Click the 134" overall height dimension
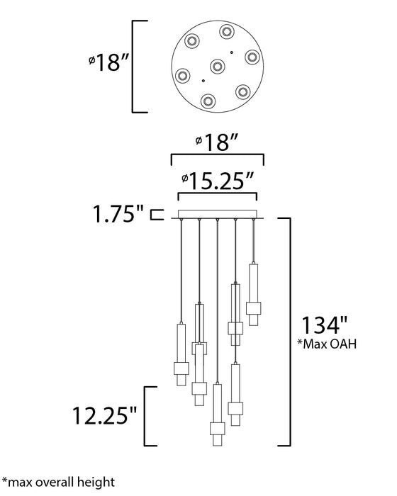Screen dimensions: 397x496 [324, 325]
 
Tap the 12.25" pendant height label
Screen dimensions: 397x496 [105, 415]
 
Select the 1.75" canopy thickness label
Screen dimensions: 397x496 [118, 213]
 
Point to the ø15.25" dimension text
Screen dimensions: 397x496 [218, 181]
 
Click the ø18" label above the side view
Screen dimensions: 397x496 [217, 142]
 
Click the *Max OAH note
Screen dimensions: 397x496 [327, 344]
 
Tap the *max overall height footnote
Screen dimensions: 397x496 [59, 482]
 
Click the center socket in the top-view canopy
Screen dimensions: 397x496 [218, 67]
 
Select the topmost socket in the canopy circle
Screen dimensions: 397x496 [227, 32]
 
